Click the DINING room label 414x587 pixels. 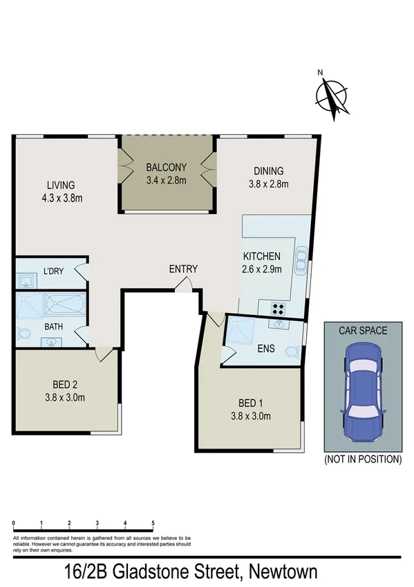click(x=268, y=172)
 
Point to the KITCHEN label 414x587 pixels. click(x=261, y=256)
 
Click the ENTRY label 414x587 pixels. click(x=183, y=269)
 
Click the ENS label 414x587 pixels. click(x=266, y=348)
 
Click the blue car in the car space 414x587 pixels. click(x=362, y=392)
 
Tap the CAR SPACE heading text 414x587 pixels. click(x=362, y=330)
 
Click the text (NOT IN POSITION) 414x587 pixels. click(x=362, y=459)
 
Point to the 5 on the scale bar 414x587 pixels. click(x=152, y=523)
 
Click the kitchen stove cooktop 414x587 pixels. click(x=279, y=309)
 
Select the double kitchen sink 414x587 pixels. click(x=300, y=262)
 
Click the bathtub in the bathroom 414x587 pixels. click(x=64, y=304)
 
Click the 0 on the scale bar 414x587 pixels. click(x=15, y=523)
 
